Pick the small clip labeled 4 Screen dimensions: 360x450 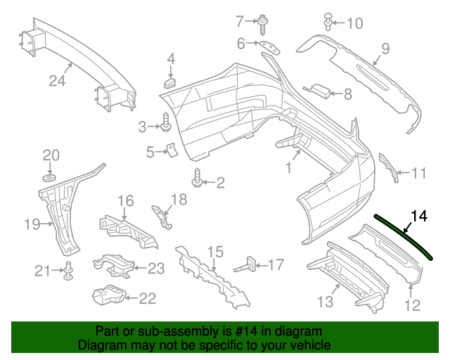tap(170, 83)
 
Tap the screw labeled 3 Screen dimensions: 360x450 tap(166, 124)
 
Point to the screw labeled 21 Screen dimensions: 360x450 tap(69, 270)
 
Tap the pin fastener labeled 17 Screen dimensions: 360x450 tap(249, 265)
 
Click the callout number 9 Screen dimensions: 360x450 tap(385, 49)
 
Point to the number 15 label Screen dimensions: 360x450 tap(214, 251)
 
